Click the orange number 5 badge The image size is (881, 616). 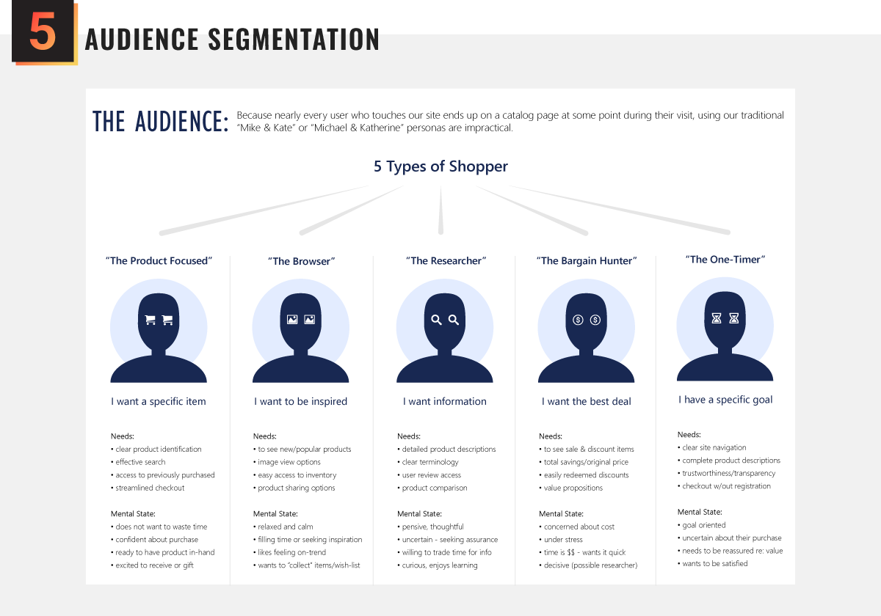tap(43, 33)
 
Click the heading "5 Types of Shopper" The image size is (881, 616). tap(440, 166)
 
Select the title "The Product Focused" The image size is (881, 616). tap(159, 261)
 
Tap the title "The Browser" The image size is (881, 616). tap(301, 261)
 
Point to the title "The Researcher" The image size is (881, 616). tap(446, 261)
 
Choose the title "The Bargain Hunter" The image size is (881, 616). tap(586, 261)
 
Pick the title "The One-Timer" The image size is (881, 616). tap(725, 260)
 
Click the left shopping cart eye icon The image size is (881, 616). tap(150, 320)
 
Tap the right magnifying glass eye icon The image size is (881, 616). tap(454, 320)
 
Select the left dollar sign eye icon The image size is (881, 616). tap(578, 320)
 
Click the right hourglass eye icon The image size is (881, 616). tap(733, 318)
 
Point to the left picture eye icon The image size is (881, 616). tap(292, 320)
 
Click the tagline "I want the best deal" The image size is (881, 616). tap(586, 401)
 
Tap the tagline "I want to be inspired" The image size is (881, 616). tap(301, 401)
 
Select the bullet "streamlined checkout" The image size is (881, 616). tap(150, 488)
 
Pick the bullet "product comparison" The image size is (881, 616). tap(434, 488)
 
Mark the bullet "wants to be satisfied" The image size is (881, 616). tap(714, 564)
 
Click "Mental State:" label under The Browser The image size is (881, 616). tap(275, 514)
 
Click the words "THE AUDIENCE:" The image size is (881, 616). tap(160, 122)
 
